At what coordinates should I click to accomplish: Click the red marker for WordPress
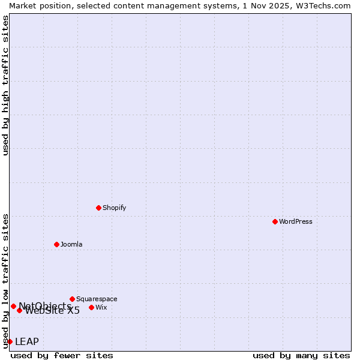pyautogui.click(x=275, y=221)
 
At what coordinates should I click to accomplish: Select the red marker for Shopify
pyautogui.click(x=98, y=208)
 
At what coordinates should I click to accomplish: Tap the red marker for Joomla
pyautogui.click(x=56, y=244)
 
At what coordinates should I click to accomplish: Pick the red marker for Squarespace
pyautogui.click(x=72, y=299)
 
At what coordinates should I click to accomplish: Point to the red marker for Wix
pyautogui.click(x=91, y=307)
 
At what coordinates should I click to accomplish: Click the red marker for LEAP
pyautogui.click(x=10, y=341)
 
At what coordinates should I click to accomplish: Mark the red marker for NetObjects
pyautogui.click(x=13, y=306)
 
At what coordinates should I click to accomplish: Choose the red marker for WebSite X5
pyautogui.click(x=19, y=310)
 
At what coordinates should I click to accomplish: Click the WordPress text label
pyautogui.click(x=296, y=221)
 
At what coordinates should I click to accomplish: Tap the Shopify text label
pyautogui.click(x=115, y=208)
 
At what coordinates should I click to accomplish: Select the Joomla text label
pyautogui.click(x=71, y=244)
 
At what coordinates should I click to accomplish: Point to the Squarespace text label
pyautogui.click(x=97, y=299)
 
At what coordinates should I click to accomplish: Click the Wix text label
pyautogui.click(x=101, y=307)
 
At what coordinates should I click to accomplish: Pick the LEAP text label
pyautogui.click(x=27, y=341)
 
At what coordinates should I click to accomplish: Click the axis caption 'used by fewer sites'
pyautogui.click(x=62, y=355)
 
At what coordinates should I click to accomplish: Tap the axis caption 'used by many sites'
pyautogui.click(x=301, y=355)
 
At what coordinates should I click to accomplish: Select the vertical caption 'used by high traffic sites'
pyautogui.click(x=5, y=85)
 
